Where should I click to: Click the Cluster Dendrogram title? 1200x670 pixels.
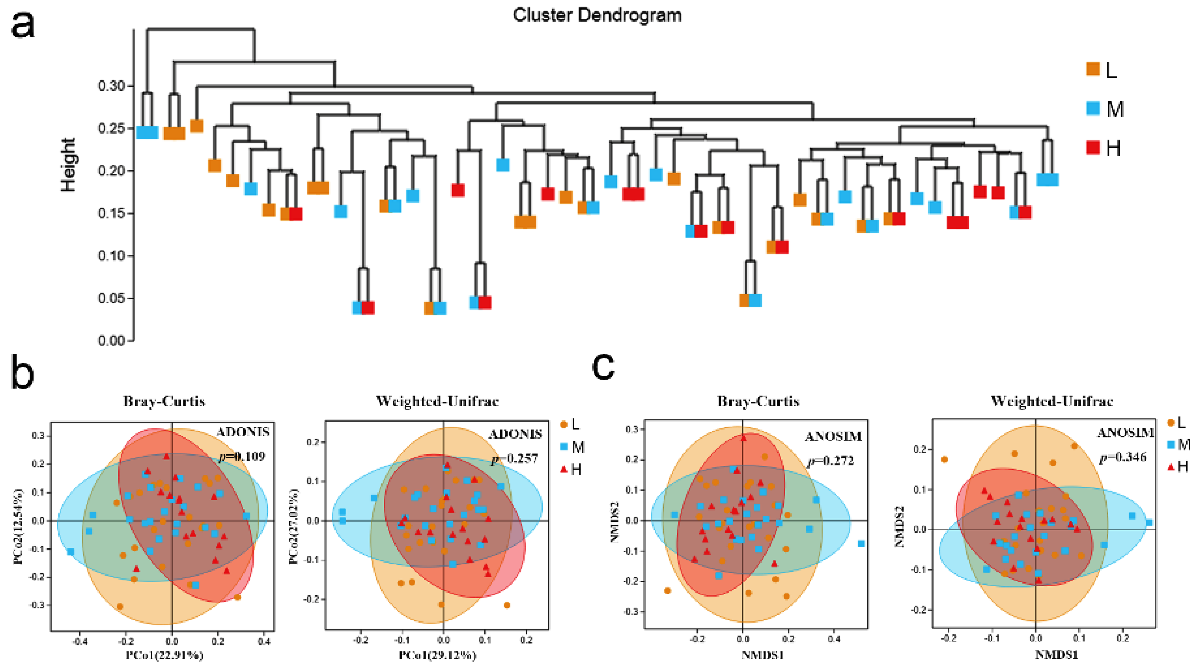[x=597, y=15]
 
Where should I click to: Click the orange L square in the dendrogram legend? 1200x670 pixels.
[x=1093, y=69]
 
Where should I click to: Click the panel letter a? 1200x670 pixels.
[x=22, y=26]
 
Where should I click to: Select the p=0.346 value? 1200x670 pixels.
[x=1123, y=457]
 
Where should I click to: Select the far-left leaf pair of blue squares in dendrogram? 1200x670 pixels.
[x=147, y=132]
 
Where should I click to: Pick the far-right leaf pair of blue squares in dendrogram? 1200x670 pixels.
[x=1047, y=179]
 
